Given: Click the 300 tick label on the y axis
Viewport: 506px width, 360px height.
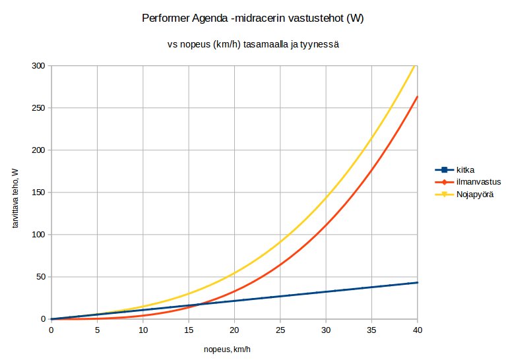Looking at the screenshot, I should coord(38,66).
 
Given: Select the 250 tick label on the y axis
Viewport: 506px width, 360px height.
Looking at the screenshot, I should coord(38,108).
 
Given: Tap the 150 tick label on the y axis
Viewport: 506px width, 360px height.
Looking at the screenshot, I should coord(38,193).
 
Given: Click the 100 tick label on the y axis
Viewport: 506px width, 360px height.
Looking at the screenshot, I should coord(38,235).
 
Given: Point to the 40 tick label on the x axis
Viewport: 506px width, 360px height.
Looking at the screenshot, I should coord(417,330).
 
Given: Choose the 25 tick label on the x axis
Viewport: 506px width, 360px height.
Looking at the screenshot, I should coord(280,330).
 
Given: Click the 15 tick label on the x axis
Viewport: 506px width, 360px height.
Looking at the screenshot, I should coord(188,330).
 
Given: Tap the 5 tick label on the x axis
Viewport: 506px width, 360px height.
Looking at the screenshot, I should coord(97,330).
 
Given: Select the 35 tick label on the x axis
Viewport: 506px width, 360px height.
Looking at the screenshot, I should coord(371,330).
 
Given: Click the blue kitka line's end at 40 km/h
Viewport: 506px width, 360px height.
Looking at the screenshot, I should coord(417,282).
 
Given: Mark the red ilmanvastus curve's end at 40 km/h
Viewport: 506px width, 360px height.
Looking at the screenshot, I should coord(417,97).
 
